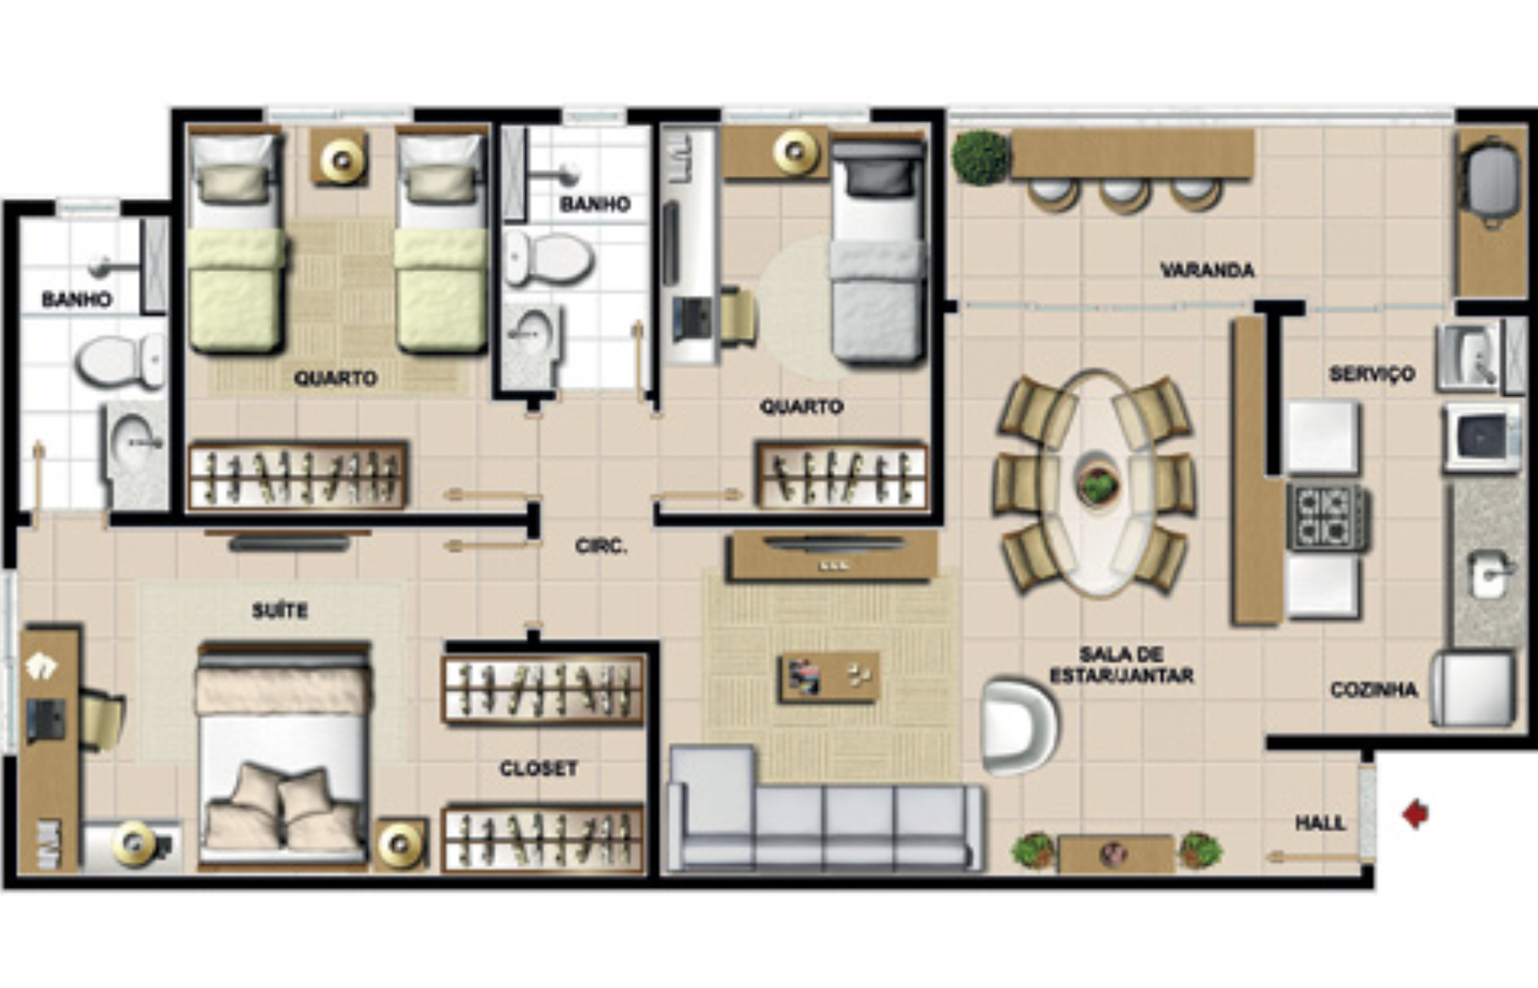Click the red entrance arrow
1415,814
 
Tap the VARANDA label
1207,270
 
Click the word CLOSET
538,769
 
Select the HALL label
1320,823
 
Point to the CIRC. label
601,547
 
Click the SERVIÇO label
1372,374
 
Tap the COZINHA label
1374,690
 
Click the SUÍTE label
280,610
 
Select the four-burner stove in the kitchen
1327,517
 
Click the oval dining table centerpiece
1097,483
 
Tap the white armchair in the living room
1019,727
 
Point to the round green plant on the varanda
980,158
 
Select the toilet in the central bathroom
548,259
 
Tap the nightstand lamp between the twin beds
340,158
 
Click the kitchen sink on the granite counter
1489,573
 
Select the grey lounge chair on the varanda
1489,182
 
